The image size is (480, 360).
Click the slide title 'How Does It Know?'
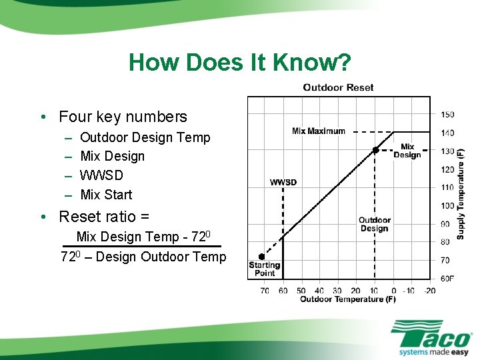[239, 62]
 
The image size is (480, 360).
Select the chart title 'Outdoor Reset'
[338, 87]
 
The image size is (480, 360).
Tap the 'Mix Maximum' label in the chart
[319, 131]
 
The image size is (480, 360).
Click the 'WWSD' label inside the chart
[283, 182]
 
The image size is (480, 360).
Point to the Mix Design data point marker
[375, 151]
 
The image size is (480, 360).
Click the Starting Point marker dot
[261, 257]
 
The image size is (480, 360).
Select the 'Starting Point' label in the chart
[265, 269]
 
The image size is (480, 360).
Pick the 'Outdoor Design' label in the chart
[374, 224]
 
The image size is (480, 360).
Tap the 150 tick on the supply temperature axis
[447, 115]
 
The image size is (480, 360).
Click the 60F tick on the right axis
[447, 278]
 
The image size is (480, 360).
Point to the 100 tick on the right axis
[447, 205]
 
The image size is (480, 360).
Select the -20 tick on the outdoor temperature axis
[429, 291]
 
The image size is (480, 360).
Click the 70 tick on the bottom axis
[265, 291]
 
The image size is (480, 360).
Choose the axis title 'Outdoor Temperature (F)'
[347, 299]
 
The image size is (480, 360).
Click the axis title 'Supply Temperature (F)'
[461, 193]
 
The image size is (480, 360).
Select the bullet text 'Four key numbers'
[123, 117]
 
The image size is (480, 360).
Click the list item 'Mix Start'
[106, 195]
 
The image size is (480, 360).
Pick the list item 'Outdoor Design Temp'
[145, 137]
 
